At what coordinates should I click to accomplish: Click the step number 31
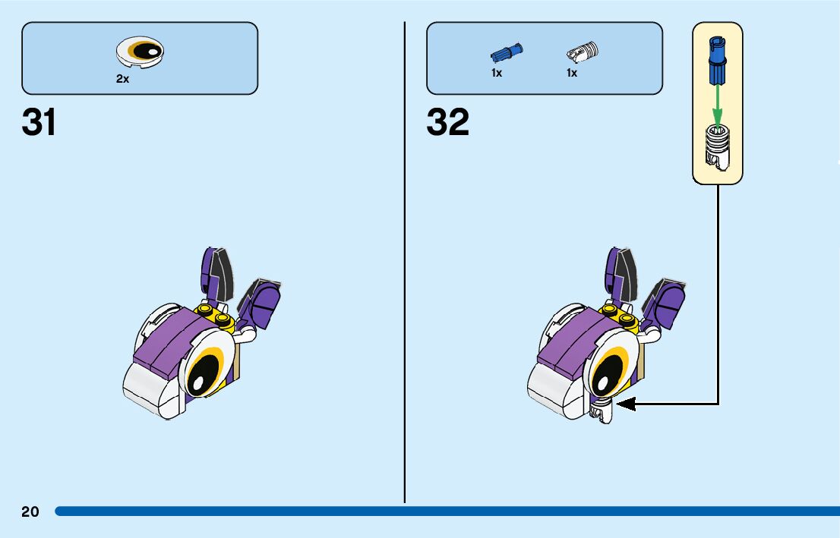click(x=39, y=122)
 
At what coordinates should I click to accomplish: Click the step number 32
click(x=448, y=122)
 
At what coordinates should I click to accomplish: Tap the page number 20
click(x=30, y=511)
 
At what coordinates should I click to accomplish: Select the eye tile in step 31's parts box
click(x=140, y=53)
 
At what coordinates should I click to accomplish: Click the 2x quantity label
click(x=122, y=79)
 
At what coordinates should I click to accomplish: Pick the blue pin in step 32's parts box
click(x=507, y=53)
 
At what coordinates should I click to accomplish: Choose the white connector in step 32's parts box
click(x=583, y=52)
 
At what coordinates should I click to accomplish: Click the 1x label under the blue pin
click(x=497, y=74)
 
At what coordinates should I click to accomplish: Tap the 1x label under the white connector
click(x=572, y=74)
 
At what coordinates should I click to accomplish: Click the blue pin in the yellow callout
click(x=716, y=61)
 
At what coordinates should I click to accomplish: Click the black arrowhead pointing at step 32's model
click(x=624, y=404)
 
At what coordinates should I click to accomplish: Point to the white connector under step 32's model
click(x=602, y=413)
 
